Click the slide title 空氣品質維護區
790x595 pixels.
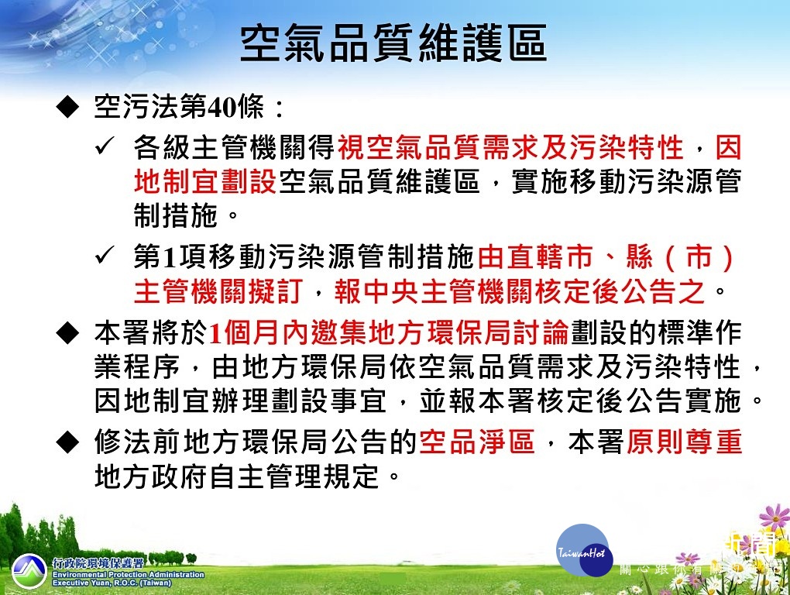pyautogui.click(x=393, y=43)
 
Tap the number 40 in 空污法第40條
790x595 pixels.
pyautogui.click(x=221, y=107)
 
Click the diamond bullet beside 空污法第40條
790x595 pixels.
pyautogui.click(x=67, y=108)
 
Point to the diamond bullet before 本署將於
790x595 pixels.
pyautogui.click(x=67, y=333)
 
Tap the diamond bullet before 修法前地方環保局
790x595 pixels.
pyautogui.click(x=67, y=442)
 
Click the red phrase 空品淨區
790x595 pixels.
pyautogui.click(x=476, y=442)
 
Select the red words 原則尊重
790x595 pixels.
pyautogui.click(x=684, y=442)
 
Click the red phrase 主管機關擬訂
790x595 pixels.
pyautogui.click(x=218, y=292)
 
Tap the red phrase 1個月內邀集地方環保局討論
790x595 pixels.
pyautogui.click(x=389, y=333)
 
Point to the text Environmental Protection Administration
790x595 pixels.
pyautogui.click(x=129, y=574)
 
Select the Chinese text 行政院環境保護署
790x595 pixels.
pyautogui.click(x=98, y=563)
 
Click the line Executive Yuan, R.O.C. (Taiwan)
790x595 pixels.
pyautogui.click(x=112, y=583)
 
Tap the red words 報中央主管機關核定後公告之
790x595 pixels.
pyautogui.click(x=520, y=292)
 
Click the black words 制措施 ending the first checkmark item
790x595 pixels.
pyautogui.click(x=176, y=215)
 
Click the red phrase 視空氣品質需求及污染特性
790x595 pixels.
pyautogui.click(x=510, y=147)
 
